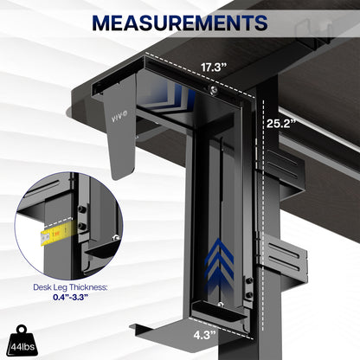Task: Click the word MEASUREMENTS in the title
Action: (179, 20)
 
